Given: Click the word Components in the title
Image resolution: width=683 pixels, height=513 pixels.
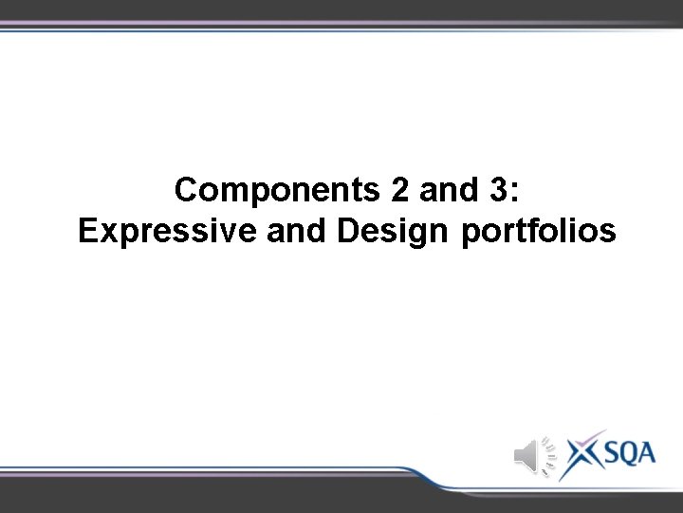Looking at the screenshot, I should [x=277, y=191].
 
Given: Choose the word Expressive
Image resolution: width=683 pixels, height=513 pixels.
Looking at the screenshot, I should [x=155, y=231].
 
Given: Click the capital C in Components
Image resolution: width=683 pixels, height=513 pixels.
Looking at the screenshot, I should [x=186, y=191].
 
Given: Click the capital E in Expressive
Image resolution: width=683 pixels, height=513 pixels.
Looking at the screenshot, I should [x=87, y=231].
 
